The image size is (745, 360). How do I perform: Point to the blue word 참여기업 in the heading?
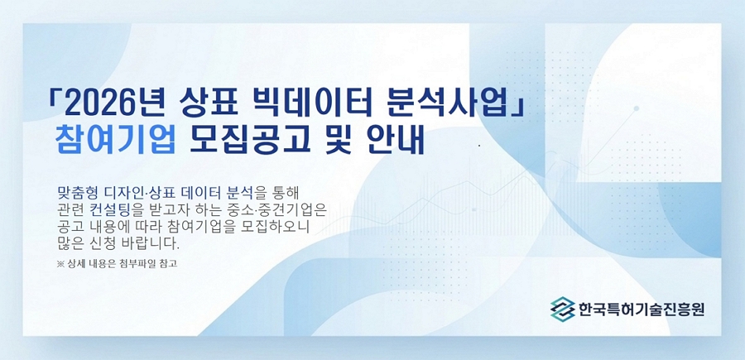[115, 142]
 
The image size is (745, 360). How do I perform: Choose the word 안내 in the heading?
[395, 142]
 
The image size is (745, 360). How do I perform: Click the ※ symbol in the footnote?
[60, 264]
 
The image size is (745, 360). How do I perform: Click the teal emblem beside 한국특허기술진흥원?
[562, 308]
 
